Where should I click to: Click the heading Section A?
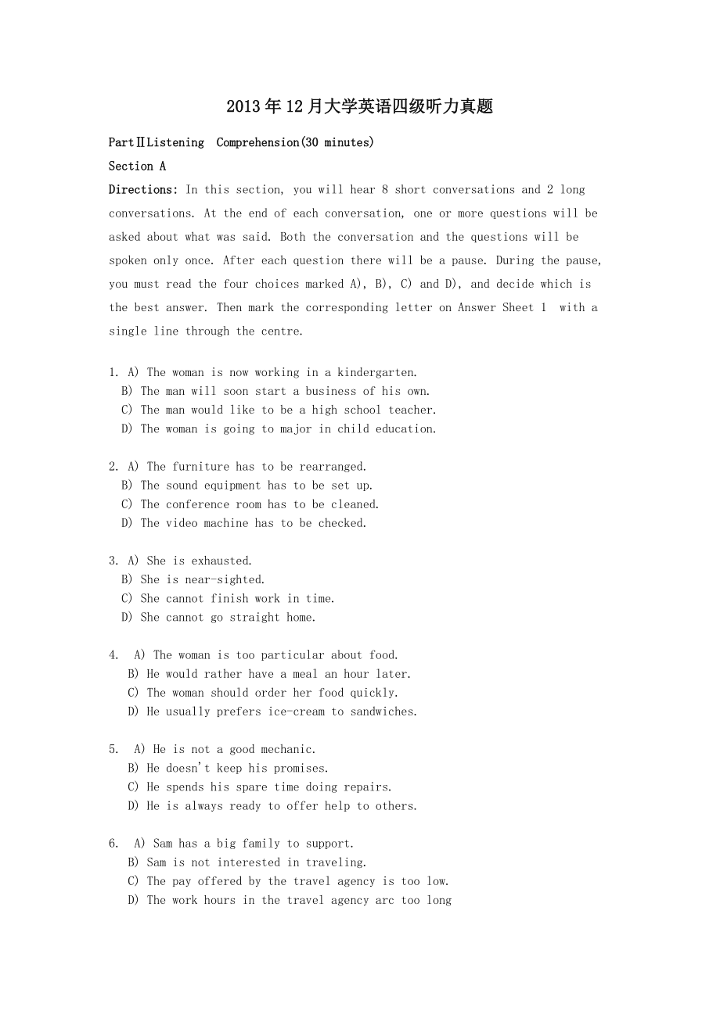coord(137,166)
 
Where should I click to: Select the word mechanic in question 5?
coord(289,749)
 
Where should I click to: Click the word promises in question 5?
coord(301,768)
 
